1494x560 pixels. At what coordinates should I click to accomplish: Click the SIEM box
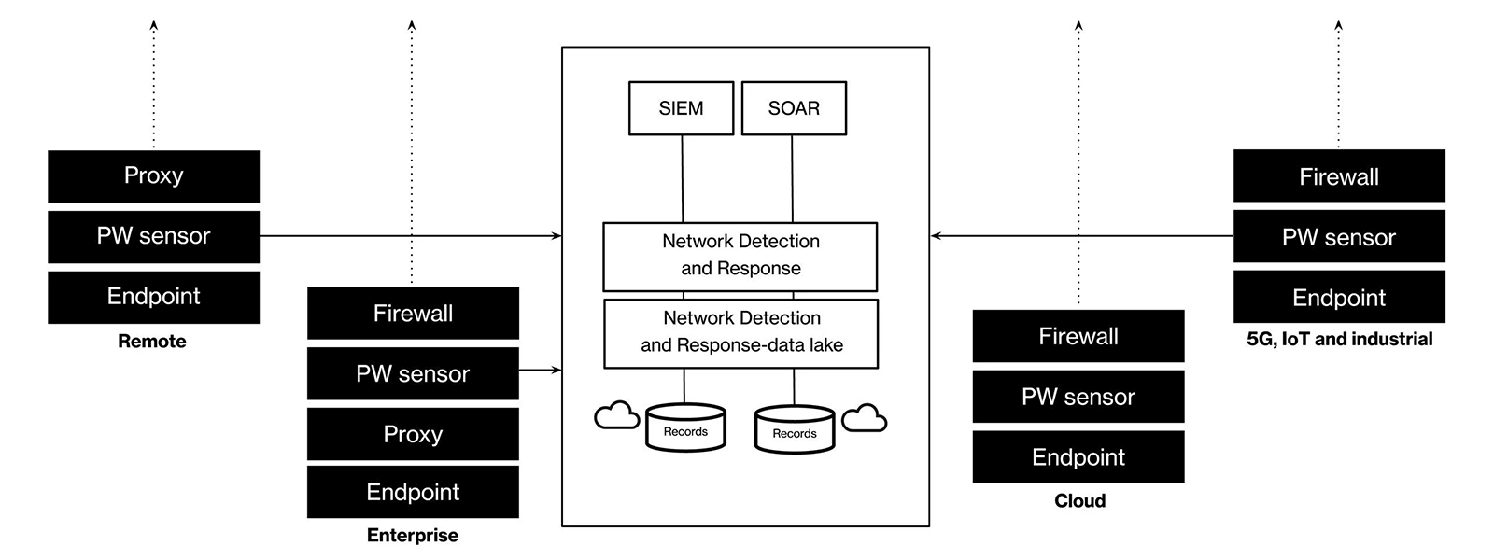(681, 108)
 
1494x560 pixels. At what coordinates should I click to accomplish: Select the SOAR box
(794, 108)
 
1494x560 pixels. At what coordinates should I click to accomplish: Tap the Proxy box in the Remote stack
(153, 175)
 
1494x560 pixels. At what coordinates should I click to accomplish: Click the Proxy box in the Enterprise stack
(413, 434)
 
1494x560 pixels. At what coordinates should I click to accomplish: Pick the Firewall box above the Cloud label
(1078, 336)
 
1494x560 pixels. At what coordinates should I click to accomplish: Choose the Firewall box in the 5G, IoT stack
(1339, 176)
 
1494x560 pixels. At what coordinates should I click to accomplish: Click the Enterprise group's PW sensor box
(413, 373)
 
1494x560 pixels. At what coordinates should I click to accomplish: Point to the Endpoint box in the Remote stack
(153, 297)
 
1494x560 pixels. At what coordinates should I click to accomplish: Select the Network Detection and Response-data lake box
(741, 332)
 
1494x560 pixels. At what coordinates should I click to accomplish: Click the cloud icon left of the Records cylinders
(617, 415)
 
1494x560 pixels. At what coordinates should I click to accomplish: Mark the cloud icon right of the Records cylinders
(864, 418)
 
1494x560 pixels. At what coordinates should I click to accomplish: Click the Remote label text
(152, 342)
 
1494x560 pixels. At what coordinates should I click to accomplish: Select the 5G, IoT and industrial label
(1339, 339)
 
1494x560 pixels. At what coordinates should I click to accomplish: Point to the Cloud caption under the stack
(1079, 501)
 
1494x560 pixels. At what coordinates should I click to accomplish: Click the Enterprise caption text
(413, 536)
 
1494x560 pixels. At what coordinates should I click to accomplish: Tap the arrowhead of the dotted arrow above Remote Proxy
(154, 25)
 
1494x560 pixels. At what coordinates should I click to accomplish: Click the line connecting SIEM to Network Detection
(683, 177)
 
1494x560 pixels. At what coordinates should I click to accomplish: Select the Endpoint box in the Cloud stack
(1078, 457)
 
